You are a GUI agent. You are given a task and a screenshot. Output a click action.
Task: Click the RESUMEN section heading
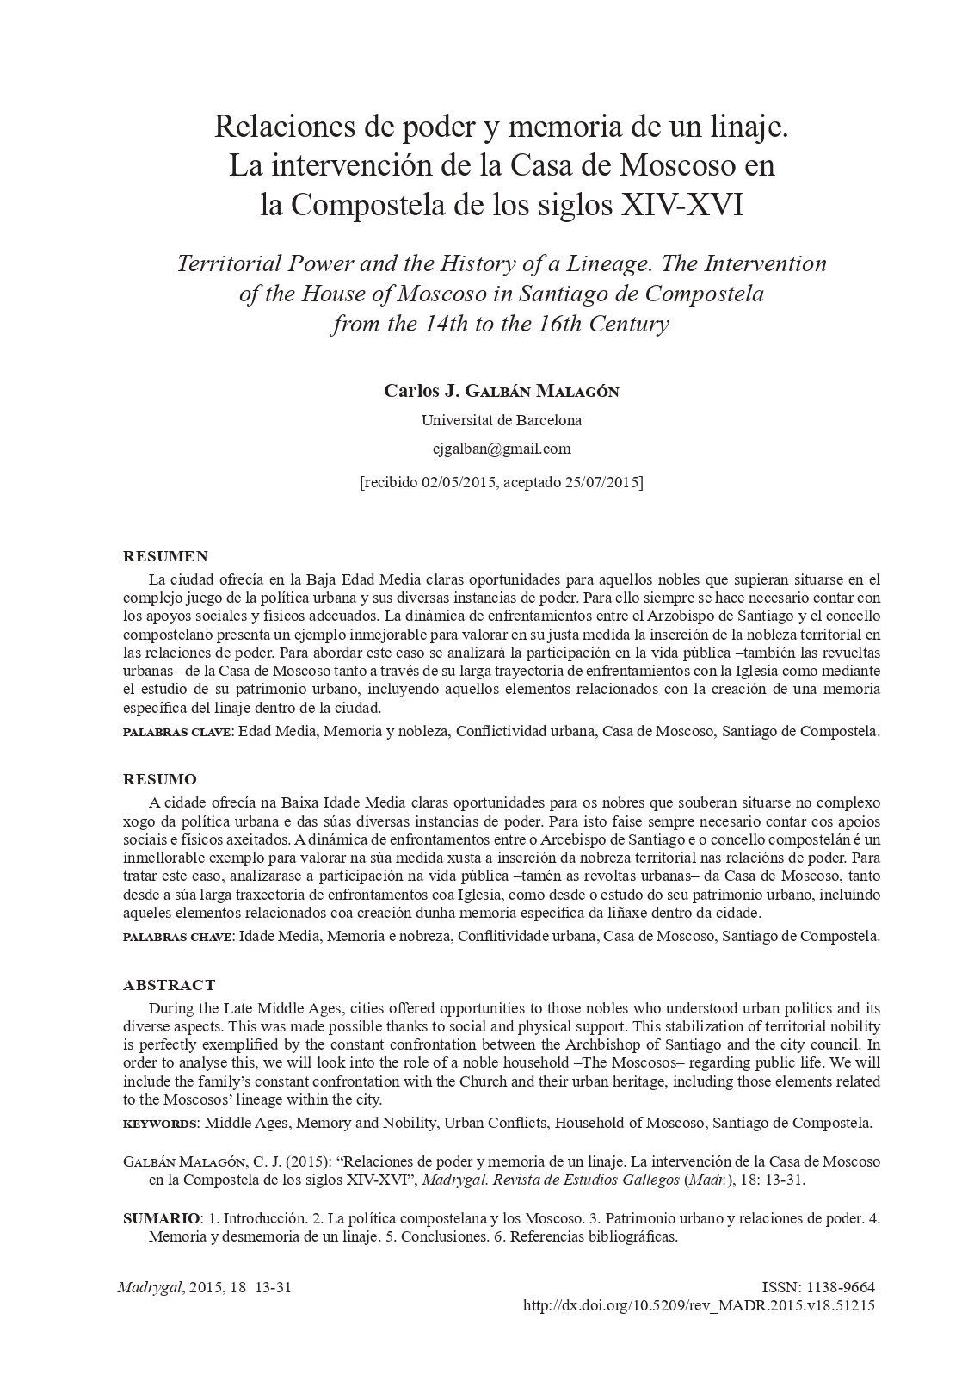point(165,556)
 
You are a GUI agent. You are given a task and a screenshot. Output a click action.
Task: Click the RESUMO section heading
point(160,779)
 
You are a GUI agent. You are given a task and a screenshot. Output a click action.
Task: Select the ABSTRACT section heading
point(170,985)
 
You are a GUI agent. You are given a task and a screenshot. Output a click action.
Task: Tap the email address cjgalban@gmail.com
point(502,449)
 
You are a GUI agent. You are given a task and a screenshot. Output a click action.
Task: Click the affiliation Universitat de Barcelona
point(502,421)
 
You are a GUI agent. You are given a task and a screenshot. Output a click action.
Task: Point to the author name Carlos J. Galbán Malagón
point(502,392)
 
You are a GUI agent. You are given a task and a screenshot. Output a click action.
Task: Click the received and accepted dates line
point(502,482)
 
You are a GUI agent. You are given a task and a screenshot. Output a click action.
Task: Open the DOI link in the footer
point(699,1305)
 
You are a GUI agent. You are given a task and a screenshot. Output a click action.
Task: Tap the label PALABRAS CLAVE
point(176,732)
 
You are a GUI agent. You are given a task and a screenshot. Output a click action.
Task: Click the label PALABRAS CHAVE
point(177,936)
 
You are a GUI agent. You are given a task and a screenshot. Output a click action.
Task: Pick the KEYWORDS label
point(160,1124)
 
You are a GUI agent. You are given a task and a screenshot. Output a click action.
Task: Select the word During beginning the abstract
point(172,1008)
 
